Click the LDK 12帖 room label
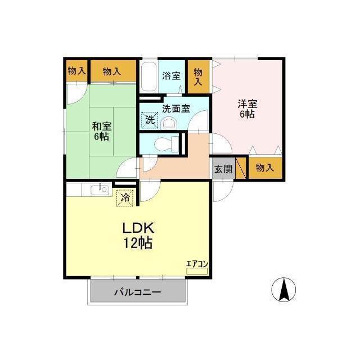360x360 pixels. [x=138, y=236]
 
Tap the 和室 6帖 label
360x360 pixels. [x=101, y=131]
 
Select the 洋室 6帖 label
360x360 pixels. [x=247, y=109]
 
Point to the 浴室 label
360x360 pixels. [x=171, y=76]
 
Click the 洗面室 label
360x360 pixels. [x=176, y=109]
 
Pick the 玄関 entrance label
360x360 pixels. [x=223, y=169]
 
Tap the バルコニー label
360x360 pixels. [x=138, y=292]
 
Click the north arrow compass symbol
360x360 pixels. [x=283, y=290]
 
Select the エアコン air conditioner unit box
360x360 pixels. [x=197, y=271]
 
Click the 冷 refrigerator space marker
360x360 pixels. [x=125, y=197]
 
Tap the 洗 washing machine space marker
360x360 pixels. [x=150, y=120]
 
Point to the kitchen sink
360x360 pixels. [x=100, y=190]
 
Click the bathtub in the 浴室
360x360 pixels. [x=148, y=76]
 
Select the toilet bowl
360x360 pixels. [x=166, y=145]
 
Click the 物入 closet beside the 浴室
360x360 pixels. [x=199, y=76]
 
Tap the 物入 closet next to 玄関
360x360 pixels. [x=265, y=168]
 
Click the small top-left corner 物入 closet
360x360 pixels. [x=77, y=71]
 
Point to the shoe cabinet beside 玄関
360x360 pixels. [x=241, y=168]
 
